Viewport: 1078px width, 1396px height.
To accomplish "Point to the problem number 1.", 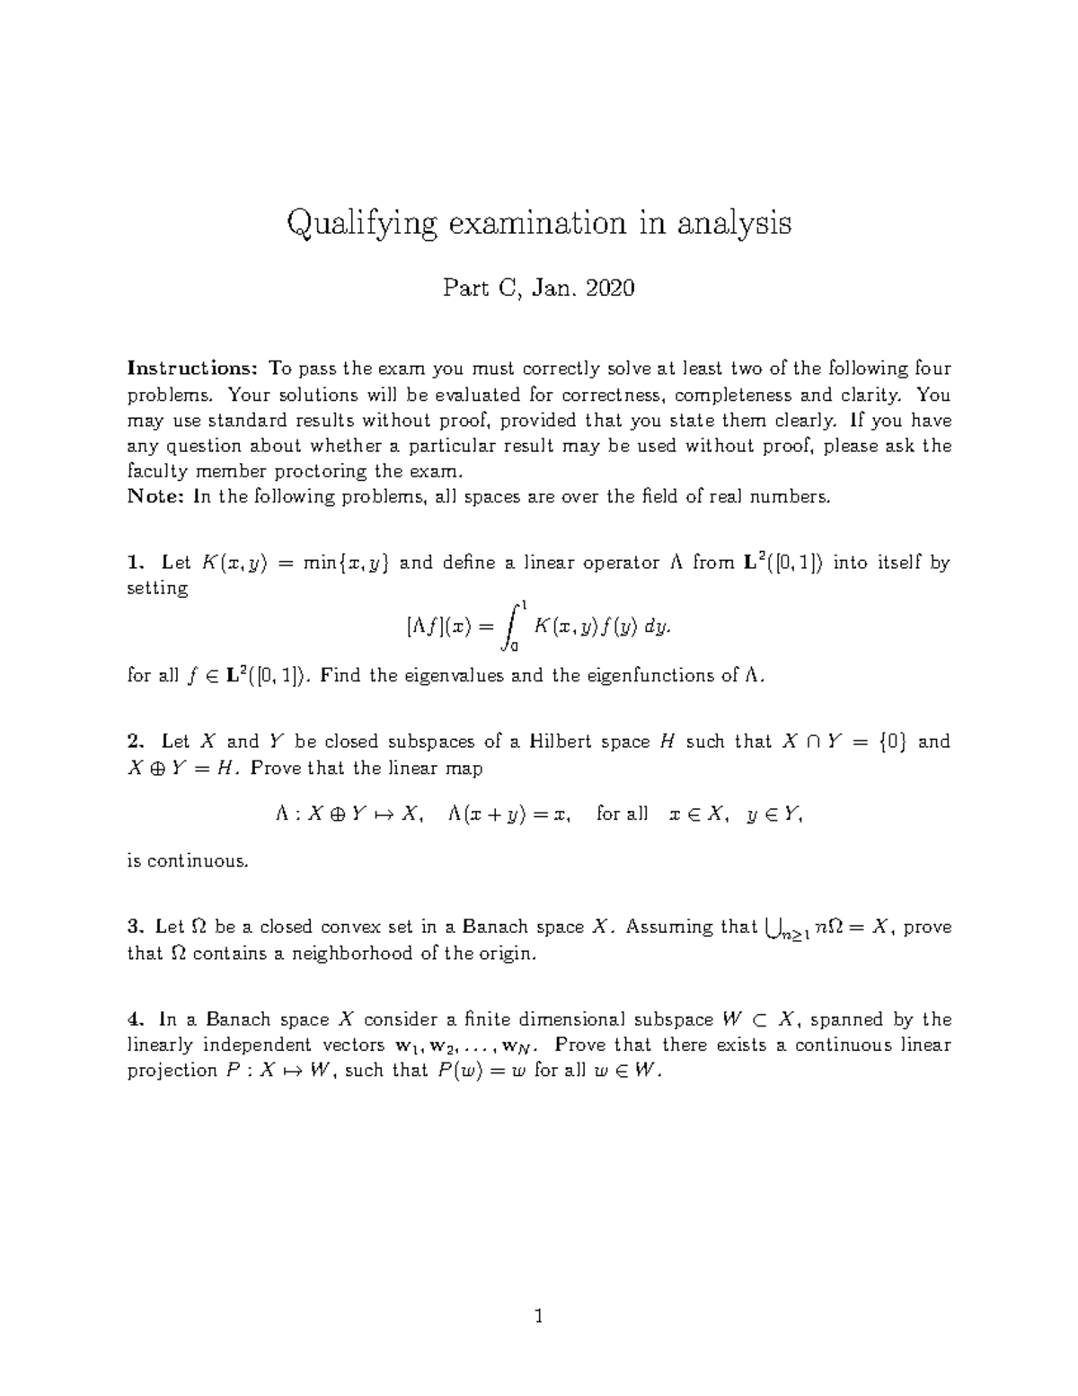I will (134, 563).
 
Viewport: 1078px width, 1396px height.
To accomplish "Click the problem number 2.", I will (135, 742).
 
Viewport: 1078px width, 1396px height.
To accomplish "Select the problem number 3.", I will (135, 927).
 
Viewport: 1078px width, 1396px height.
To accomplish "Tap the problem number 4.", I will (135, 1019).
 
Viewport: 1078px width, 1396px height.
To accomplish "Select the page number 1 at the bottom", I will (539, 1318).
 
